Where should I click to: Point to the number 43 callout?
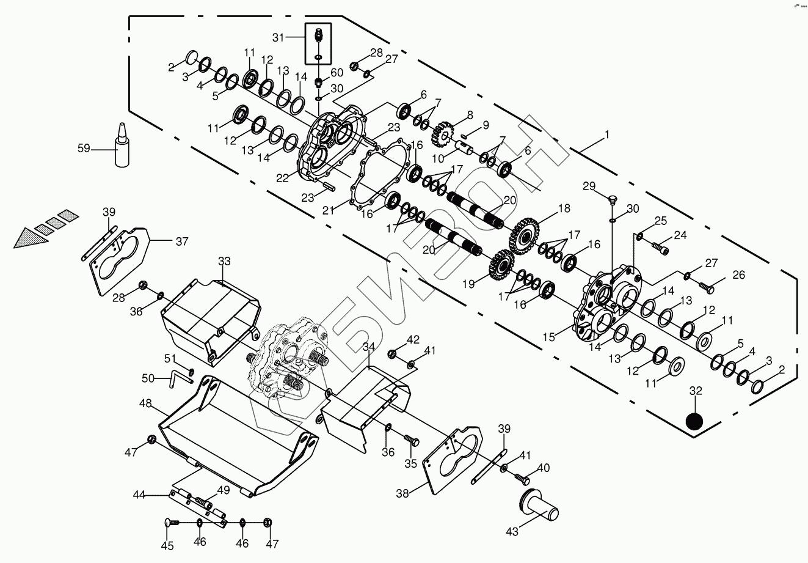(x=512, y=532)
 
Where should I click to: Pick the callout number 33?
(x=224, y=261)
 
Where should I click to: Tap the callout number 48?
(x=145, y=403)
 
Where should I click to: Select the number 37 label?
(x=181, y=241)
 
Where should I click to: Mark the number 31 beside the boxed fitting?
(x=278, y=38)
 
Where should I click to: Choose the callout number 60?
(x=337, y=73)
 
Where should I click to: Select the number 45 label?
(x=167, y=546)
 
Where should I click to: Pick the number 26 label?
(x=738, y=275)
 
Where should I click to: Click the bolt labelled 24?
(x=660, y=248)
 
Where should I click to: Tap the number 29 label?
(x=589, y=186)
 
